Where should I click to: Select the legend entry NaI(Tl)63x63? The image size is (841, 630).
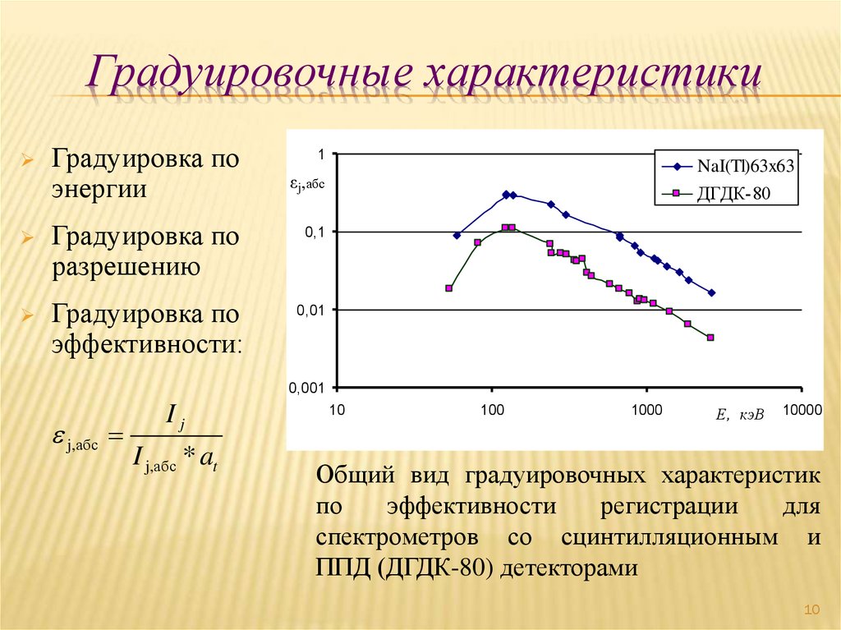(745, 166)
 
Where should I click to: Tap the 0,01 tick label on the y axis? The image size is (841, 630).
(312, 310)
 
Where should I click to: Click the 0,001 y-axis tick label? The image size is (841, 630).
(308, 388)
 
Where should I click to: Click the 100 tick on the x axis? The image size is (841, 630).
(492, 410)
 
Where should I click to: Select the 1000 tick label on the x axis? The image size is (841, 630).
(646, 410)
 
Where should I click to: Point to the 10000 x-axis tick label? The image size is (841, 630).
(801, 410)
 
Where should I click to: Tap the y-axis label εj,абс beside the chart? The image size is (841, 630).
(306, 186)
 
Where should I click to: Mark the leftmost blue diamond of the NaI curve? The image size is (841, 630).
(457, 236)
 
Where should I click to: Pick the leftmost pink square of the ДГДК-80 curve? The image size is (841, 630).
(448, 288)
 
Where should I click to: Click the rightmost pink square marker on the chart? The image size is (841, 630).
(710, 338)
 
